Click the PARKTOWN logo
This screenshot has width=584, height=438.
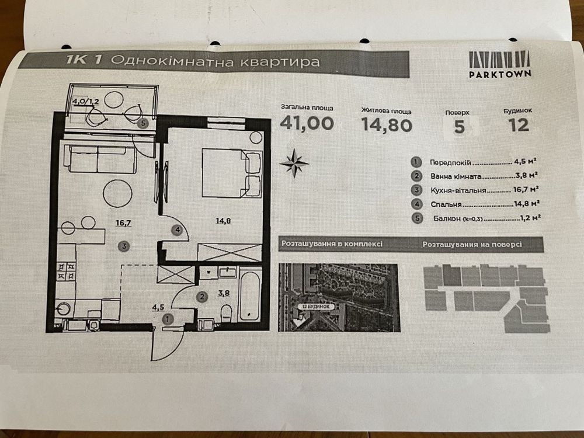[499, 64]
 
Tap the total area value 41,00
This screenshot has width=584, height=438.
[307, 123]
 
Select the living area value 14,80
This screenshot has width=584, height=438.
[387, 124]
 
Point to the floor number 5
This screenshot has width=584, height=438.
[460, 127]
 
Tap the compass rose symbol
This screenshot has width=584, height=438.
[294, 163]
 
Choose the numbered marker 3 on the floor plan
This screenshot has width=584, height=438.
[123, 246]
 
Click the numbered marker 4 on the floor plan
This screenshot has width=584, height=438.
[178, 230]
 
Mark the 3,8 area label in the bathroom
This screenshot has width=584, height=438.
[224, 293]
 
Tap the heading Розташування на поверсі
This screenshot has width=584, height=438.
[471, 245]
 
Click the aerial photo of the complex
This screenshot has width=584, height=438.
[339, 296]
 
